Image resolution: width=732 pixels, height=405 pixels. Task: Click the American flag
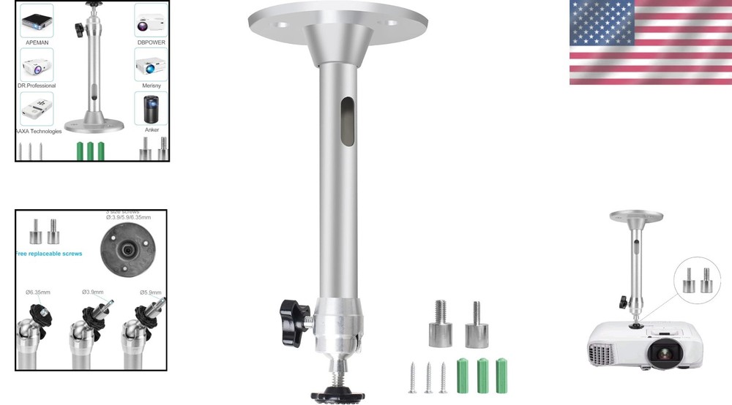click(x=650, y=42)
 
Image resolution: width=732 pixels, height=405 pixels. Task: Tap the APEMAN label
click(x=37, y=42)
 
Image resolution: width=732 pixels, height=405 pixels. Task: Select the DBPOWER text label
click(x=151, y=42)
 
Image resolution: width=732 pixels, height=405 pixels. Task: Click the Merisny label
click(x=152, y=86)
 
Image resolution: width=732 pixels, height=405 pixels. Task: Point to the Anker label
click(x=152, y=129)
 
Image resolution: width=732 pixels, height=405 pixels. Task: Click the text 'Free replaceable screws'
click(x=49, y=254)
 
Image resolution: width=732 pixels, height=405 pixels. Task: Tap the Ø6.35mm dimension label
click(x=38, y=292)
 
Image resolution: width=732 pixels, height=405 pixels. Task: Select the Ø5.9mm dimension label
click(x=150, y=292)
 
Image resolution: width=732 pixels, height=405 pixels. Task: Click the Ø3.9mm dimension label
click(x=94, y=292)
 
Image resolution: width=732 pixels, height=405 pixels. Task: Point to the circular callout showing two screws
click(x=697, y=280)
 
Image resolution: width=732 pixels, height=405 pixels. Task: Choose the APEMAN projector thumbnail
click(x=37, y=20)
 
